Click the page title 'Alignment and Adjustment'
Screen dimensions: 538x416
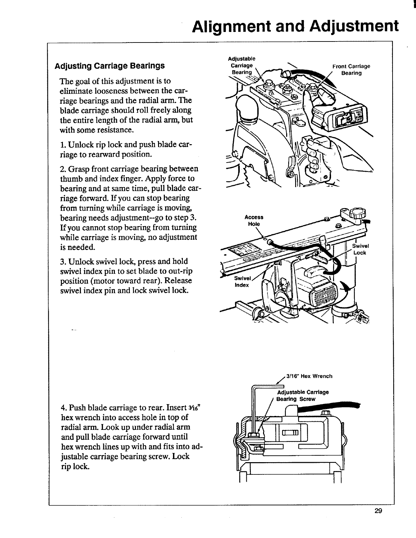[x=295, y=26]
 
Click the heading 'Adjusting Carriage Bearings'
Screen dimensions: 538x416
[x=110, y=65]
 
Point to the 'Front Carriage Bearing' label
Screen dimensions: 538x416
[x=351, y=70]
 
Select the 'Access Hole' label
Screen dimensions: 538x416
[x=254, y=220]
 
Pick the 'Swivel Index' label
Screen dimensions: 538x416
[x=242, y=282]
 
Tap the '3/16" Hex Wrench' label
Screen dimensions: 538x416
[x=309, y=376]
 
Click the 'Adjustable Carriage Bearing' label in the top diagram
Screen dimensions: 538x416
[x=242, y=65]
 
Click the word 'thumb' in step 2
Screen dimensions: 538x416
[x=69, y=179]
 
